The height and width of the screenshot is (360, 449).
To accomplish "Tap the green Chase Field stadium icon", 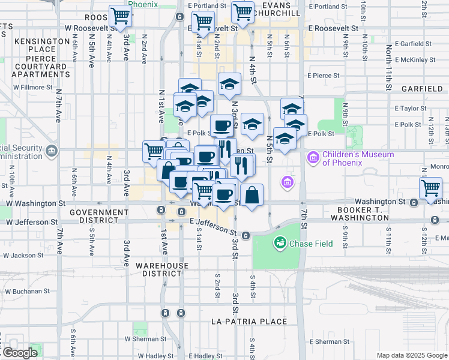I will click(279, 242).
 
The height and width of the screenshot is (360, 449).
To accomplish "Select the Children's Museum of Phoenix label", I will click(358, 158).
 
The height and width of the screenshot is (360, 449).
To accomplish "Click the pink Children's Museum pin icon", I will click(312, 158).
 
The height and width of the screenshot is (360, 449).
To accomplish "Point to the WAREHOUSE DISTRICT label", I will click(161, 269).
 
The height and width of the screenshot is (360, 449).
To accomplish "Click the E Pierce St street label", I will click(324, 76).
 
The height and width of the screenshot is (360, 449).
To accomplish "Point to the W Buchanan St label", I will click(28, 291).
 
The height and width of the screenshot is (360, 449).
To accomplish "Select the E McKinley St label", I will click(415, 60).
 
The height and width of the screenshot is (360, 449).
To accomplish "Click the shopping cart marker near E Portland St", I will click(243, 12).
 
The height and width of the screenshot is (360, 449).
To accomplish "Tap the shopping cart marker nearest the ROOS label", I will click(121, 16).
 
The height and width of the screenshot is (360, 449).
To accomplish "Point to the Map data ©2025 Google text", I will click(412, 355).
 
